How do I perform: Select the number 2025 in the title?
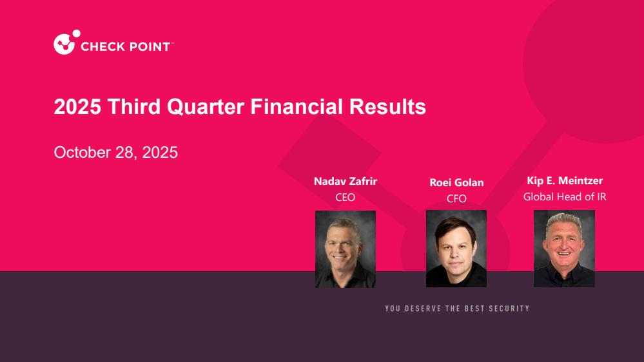tap(77, 107)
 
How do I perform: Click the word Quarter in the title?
tap(206, 107)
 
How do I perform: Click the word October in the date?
tap(82, 152)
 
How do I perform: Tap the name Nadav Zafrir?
tap(346, 181)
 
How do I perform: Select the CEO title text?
tap(345, 197)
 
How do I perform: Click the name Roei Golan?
tap(456, 182)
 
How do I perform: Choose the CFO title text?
tap(456, 198)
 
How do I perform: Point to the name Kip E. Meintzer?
tap(565, 180)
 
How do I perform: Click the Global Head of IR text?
tap(565, 196)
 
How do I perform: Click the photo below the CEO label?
tap(346, 249)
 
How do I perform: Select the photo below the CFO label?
tap(456, 249)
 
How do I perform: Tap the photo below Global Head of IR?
tap(564, 249)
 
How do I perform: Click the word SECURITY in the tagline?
tap(509, 309)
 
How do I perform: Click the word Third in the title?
tap(134, 107)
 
